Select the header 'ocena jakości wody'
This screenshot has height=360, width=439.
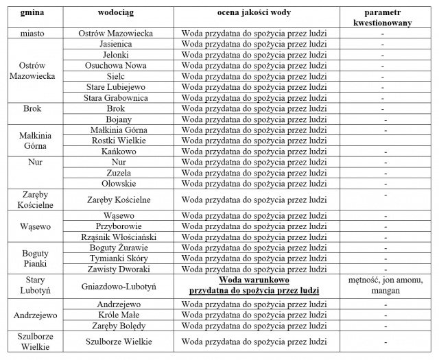[x=254, y=13]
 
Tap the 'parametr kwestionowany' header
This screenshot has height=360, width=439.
[x=382, y=18]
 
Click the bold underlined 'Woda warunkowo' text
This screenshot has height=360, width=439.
[x=254, y=280]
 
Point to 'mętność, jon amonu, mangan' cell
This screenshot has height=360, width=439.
[x=382, y=285]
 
